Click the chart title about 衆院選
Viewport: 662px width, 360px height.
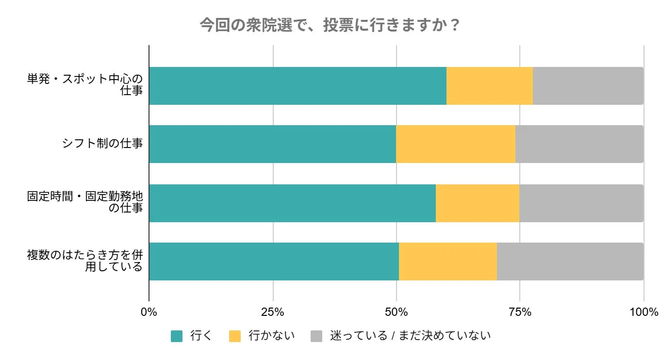click(330, 25)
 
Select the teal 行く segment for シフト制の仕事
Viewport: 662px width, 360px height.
click(272, 144)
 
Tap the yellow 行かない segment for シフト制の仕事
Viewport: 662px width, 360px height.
click(455, 144)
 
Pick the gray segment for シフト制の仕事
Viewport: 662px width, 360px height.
click(579, 144)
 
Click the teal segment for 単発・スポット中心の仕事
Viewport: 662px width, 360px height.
click(298, 86)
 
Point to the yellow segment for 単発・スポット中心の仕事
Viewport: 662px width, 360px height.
click(489, 86)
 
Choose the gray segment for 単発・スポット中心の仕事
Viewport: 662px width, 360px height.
click(588, 86)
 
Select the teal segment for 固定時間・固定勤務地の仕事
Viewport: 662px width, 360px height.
click(292, 203)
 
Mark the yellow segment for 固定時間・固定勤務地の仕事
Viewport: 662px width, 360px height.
click(477, 203)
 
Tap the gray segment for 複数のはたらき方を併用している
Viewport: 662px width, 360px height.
click(570, 262)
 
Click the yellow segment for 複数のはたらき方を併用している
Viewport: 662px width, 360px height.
click(447, 262)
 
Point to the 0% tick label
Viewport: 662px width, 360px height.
click(149, 312)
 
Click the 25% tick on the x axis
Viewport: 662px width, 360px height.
click(273, 312)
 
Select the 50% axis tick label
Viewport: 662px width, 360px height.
click(397, 312)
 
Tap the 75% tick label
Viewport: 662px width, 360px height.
click(520, 312)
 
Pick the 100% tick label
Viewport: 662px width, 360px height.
click(644, 312)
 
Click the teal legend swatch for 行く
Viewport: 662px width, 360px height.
click(177, 336)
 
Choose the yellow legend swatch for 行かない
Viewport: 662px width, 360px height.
click(234, 336)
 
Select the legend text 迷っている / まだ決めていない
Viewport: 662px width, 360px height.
click(410, 336)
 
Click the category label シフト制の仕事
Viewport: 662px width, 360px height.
click(102, 144)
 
